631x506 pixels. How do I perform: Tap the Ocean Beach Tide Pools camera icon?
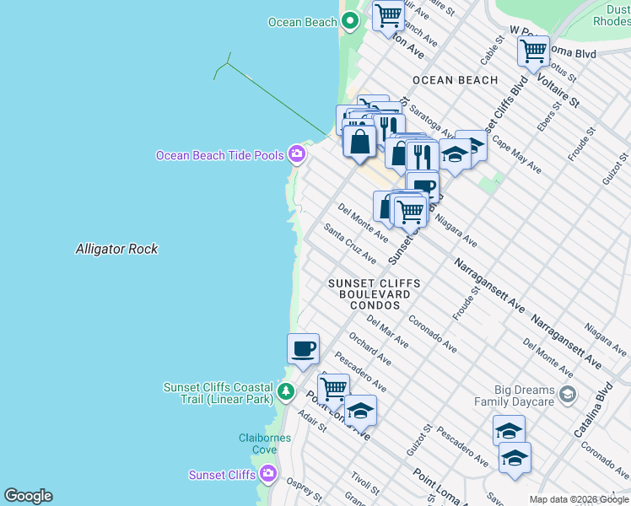click(x=296, y=154)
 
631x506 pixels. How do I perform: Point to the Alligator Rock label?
click(x=116, y=249)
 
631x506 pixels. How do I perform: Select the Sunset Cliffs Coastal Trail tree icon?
click(x=286, y=392)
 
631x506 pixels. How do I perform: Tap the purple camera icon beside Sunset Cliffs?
click(x=268, y=474)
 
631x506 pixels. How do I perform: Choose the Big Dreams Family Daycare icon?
click(x=568, y=394)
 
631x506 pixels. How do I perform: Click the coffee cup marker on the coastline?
click(x=303, y=348)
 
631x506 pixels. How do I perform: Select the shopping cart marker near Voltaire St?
click(x=533, y=51)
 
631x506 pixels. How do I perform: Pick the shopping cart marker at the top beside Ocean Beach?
click(x=387, y=15)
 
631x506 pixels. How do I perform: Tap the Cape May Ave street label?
click(x=516, y=154)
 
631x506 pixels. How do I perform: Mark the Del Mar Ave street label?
click(x=388, y=331)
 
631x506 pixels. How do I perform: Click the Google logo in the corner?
click(x=28, y=496)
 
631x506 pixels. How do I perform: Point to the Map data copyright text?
click(x=579, y=499)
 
